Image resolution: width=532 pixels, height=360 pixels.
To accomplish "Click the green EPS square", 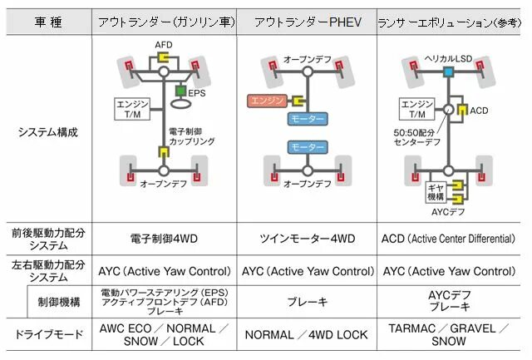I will (179, 91).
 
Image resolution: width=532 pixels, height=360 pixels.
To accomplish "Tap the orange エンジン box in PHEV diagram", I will (268, 101).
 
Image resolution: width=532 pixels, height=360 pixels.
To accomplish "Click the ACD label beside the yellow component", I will (480, 110).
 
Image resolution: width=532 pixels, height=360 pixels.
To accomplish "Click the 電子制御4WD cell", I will (164, 239).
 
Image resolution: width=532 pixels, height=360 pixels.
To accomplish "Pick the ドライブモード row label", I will (47, 335).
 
